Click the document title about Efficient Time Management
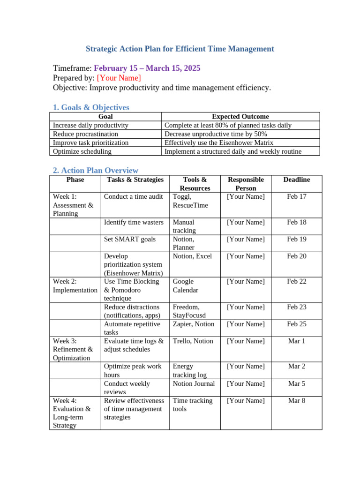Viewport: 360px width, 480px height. [x=180, y=49]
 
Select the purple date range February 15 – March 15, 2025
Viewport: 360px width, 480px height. [x=147, y=68]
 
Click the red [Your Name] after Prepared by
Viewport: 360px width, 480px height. [x=119, y=78]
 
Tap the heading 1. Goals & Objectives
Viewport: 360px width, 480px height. [x=91, y=107]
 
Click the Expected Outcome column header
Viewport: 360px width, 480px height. [x=240, y=116]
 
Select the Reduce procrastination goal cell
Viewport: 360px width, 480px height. [x=85, y=134]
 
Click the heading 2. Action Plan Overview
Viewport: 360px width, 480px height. [x=96, y=171]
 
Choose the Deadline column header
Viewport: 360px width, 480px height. [x=296, y=180]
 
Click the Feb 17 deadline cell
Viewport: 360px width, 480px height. [x=296, y=196]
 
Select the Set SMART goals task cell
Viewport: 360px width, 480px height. [x=130, y=239]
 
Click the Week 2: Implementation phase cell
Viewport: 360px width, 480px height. [x=75, y=285]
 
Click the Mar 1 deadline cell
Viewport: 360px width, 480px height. [x=296, y=341]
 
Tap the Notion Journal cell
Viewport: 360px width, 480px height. [x=194, y=383]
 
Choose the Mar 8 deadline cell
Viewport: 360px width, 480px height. [x=296, y=401]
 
